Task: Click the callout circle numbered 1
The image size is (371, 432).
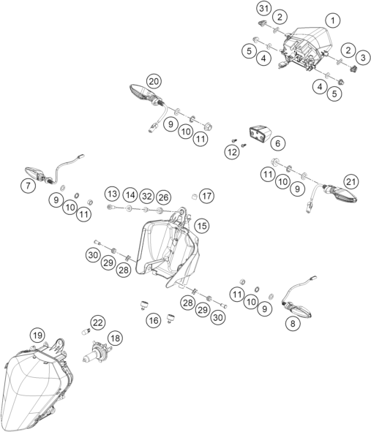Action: (x=333, y=20)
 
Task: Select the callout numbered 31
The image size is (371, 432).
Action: (x=264, y=9)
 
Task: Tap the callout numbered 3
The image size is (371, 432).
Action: (x=363, y=58)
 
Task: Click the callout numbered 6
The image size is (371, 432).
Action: (x=277, y=143)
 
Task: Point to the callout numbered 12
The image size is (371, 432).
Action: (x=232, y=152)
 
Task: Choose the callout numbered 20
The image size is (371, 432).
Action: (x=154, y=81)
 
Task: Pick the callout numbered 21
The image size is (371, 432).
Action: (x=351, y=181)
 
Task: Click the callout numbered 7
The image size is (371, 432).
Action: (x=28, y=186)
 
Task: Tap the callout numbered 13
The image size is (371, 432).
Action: (x=112, y=194)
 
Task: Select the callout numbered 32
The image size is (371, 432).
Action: (x=147, y=196)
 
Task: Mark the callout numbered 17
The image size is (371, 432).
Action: (x=206, y=196)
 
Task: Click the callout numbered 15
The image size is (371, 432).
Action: (x=202, y=226)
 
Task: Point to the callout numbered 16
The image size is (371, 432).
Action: (x=154, y=320)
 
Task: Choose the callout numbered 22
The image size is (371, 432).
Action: (x=97, y=322)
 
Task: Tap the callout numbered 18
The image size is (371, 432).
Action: (x=116, y=338)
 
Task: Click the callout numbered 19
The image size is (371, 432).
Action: (x=38, y=336)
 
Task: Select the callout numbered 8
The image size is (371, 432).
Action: (x=293, y=323)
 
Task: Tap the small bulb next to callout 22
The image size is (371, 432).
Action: (x=86, y=331)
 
